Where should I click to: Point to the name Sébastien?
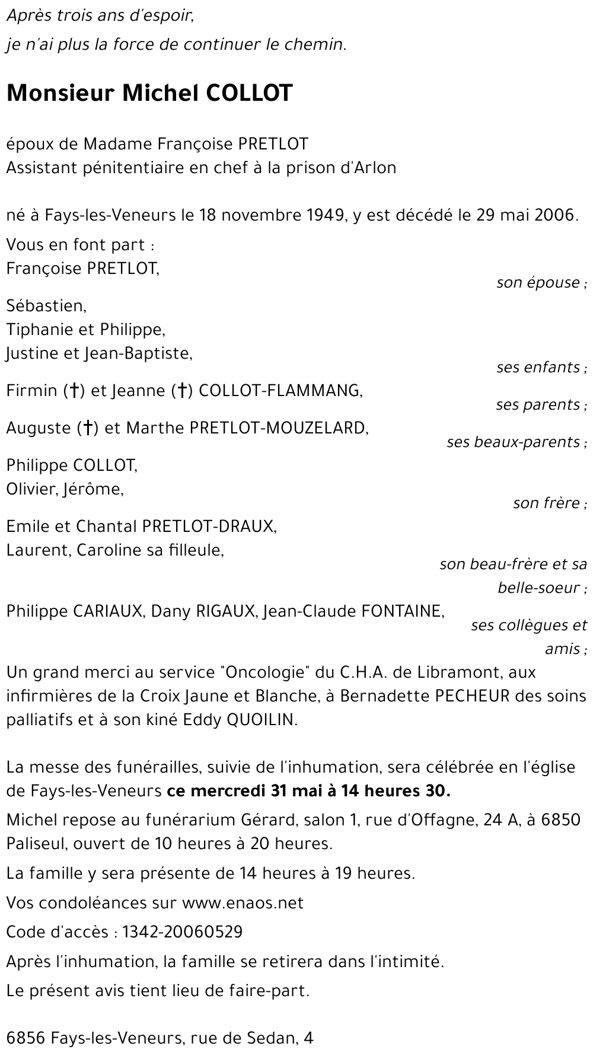pyautogui.click(x=46, y=306)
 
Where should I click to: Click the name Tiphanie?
pyautogui.click(x=44, y=330)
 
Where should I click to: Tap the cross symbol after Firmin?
pyautogui.click(x=74, y=391)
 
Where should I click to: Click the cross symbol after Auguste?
pyautogui.click(x=87, y=428)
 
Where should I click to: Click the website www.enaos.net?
pyautogui.click(x=243, y=903)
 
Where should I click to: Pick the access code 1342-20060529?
pyautogui.click(x=182, y=932)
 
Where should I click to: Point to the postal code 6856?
pyautogui.click(x=25, y=1038)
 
